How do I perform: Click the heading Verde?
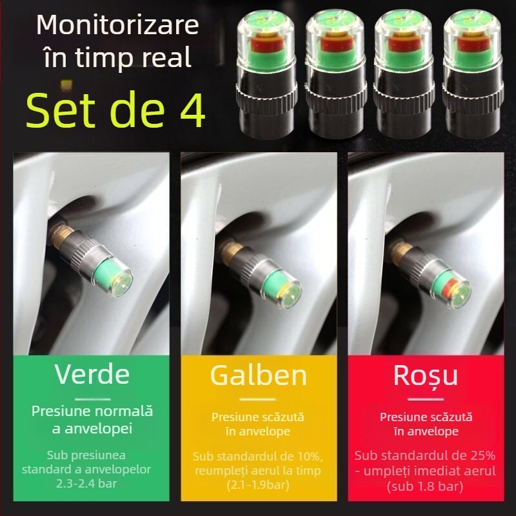(92, 374)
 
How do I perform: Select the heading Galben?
(258, 375)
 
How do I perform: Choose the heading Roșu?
(425, 375)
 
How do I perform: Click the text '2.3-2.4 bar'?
(92, 483)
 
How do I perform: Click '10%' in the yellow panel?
(306, 456)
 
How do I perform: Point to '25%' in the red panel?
(475, 456)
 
